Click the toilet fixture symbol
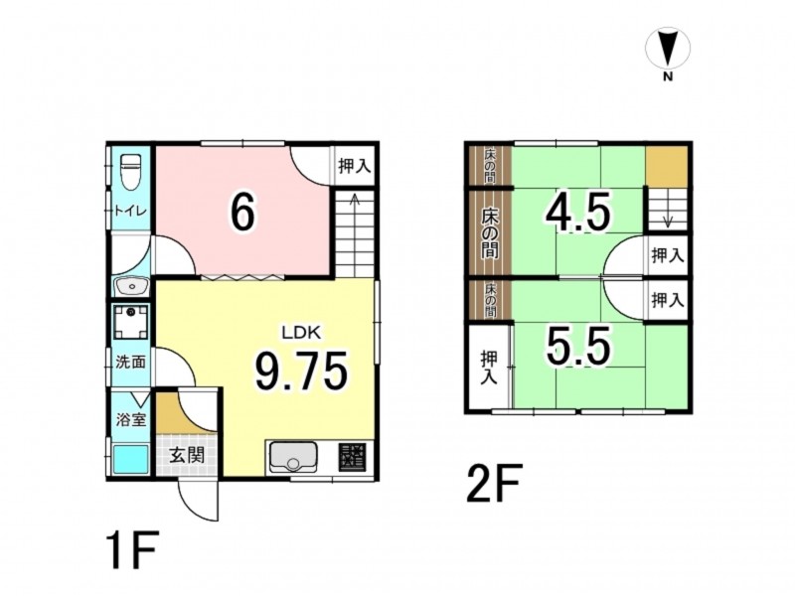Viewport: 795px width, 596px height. tap(131, 172)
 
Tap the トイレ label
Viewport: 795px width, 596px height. tap(130, 211)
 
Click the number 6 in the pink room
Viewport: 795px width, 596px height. tap(242, 213)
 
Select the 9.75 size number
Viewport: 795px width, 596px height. tap(301, 371)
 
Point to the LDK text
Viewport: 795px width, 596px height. tap(302, 333)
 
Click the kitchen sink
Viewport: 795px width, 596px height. tap(292, 457)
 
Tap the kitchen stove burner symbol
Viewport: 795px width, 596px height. tap(353, 458)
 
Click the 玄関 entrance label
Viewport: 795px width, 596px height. tap(187, 455)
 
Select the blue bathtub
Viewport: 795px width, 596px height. tap(130, 459)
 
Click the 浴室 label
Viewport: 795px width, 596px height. tap(131, 419)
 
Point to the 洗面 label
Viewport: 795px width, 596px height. tap(131, 362)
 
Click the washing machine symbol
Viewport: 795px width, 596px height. tap(131, 322)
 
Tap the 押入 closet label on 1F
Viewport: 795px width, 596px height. tap(355, 165)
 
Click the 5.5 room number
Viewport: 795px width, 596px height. tap(577, 347)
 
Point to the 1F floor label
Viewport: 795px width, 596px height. tap(132, 549)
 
